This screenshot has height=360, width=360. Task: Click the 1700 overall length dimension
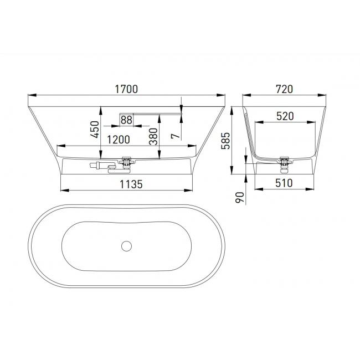click(x=126, y=89)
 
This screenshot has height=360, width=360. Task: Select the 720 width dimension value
click(x=284, y=89)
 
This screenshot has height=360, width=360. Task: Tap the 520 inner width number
click(x=285, y=116)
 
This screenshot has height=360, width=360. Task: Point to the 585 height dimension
click(x=225, y=141)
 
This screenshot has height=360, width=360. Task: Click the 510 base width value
click(x=284, y=183)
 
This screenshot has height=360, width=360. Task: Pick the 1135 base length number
click(x=131, y=184)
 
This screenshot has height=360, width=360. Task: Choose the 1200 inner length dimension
click(x=119, y=140)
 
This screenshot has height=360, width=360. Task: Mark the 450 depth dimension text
click(x=95, y=130)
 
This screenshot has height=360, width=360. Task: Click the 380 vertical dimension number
click(x=153, y=137)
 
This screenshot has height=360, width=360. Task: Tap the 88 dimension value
click(x=126, y=120)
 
